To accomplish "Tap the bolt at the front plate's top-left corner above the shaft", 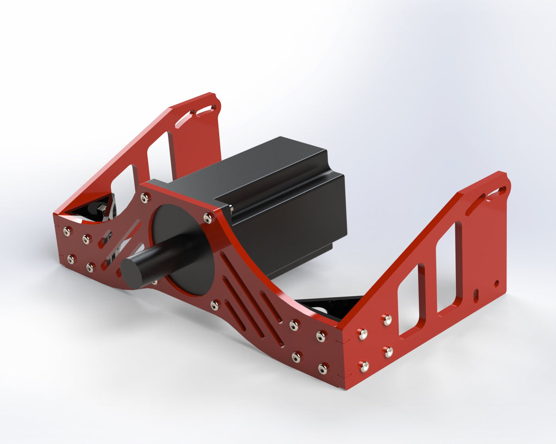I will coord(145,198).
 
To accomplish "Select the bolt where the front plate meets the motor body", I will coord(208,218).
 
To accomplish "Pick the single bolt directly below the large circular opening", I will coord(215,305).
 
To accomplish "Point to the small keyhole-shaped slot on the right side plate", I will coord(476,295).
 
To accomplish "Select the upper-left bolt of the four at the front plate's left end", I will coord(67,231).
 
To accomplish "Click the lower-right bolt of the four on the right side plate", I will coord(388,352).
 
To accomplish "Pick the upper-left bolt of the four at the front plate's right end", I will coord(294,325).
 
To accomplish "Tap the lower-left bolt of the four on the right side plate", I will coord(364,367).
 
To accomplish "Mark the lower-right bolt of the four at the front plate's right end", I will coord(323,369).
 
